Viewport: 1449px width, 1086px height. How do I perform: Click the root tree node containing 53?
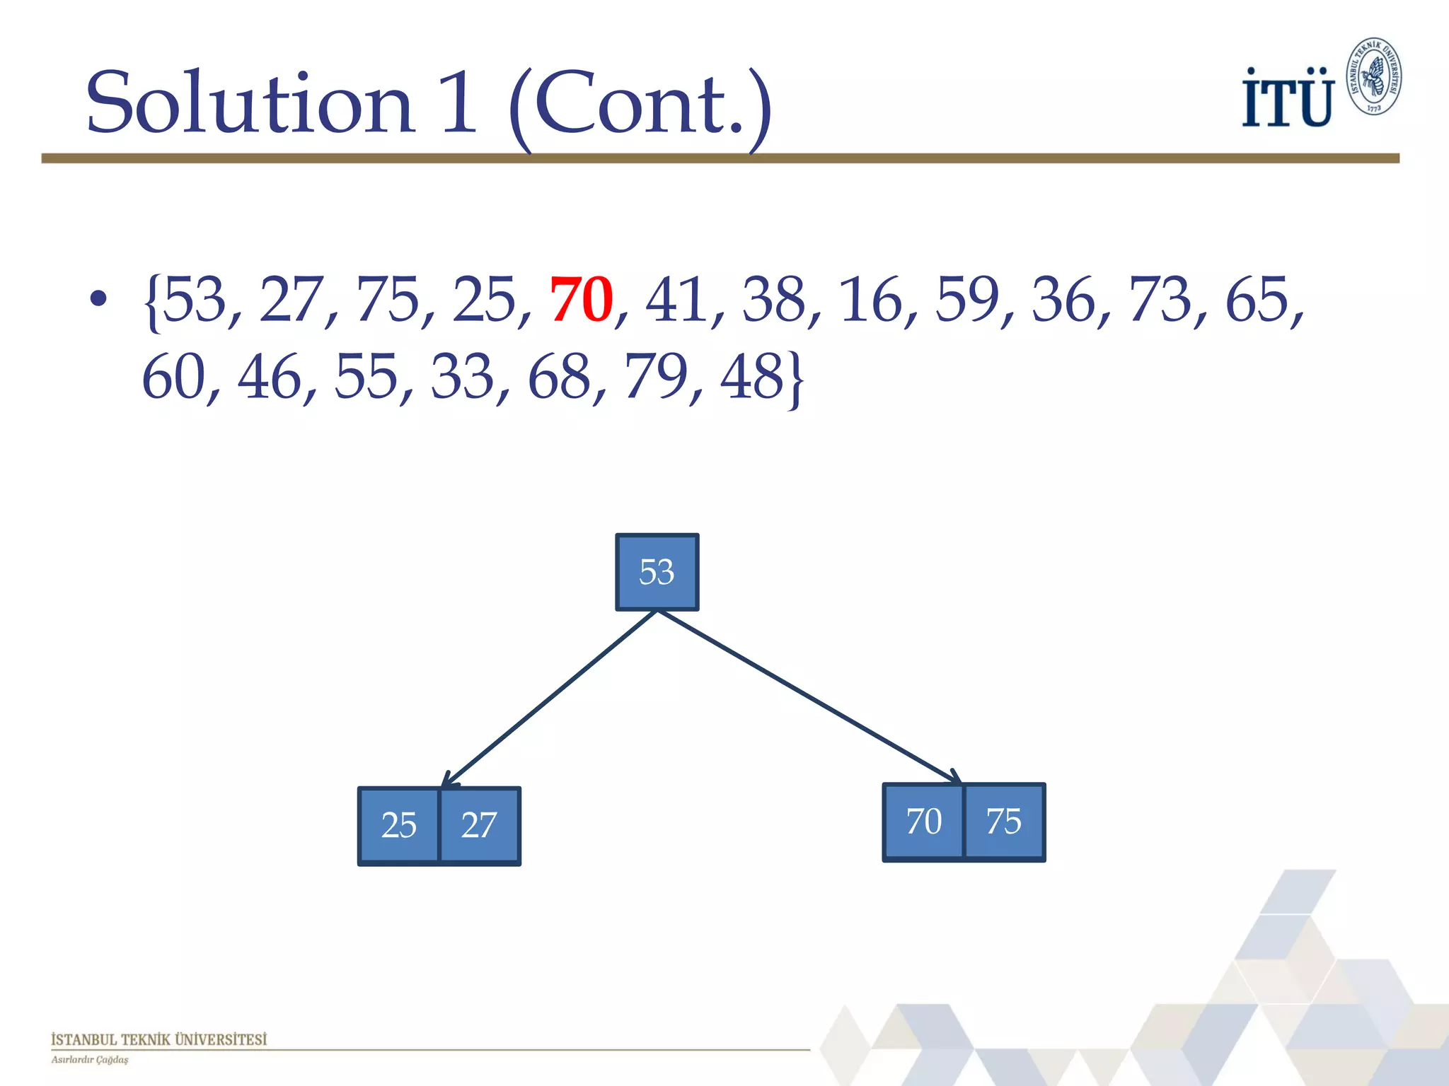click(x=657, y=572)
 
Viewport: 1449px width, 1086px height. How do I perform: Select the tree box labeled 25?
click(x=399, y=825)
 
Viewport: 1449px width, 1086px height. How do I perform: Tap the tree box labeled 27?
click(x=480, y=825)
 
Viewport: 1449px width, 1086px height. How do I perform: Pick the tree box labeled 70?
click(x=923, y=822)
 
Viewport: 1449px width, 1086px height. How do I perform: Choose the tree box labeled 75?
click(x=1004, y=822)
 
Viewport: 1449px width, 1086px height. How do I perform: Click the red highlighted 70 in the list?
click(x=581, y=300)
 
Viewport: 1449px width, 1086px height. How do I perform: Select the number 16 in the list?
click(x=871, y=300)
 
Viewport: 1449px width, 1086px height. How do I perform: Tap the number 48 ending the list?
click(x=752, y=377)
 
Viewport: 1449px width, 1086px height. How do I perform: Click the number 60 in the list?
click(x=173, y=377)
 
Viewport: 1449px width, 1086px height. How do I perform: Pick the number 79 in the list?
click(x=655, y=377)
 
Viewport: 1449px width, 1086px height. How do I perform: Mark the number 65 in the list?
click(x=1257, y=300)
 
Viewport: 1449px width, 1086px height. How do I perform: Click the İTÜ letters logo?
click(x=1287, y=98)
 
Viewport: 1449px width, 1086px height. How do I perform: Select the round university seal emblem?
click(x=1373, y=76)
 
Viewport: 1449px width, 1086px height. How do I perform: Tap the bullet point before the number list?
click(x=98, y=299)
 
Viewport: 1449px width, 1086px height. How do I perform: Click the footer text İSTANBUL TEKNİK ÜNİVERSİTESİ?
click(x=158, y=1039)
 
